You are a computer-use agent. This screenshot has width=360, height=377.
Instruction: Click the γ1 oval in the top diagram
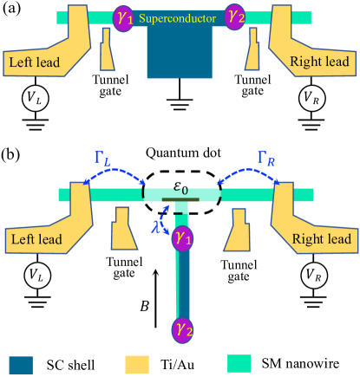[x=124, y=17]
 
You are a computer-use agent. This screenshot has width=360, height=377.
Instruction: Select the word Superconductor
[x=180, y=16]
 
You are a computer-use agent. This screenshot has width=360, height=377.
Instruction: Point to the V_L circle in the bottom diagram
[x=35, y=276]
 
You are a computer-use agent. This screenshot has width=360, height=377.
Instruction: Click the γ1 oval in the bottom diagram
[x=181, y=236]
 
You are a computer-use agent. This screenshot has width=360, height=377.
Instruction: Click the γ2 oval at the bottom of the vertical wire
[x=181, y=330]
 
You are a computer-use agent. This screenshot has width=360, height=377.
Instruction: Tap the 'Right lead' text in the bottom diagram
[x=322, y=238]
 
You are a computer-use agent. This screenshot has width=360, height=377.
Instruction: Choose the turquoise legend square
[x=239, y=362]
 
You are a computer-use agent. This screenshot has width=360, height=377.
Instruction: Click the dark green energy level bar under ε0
[x=180, y=201]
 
